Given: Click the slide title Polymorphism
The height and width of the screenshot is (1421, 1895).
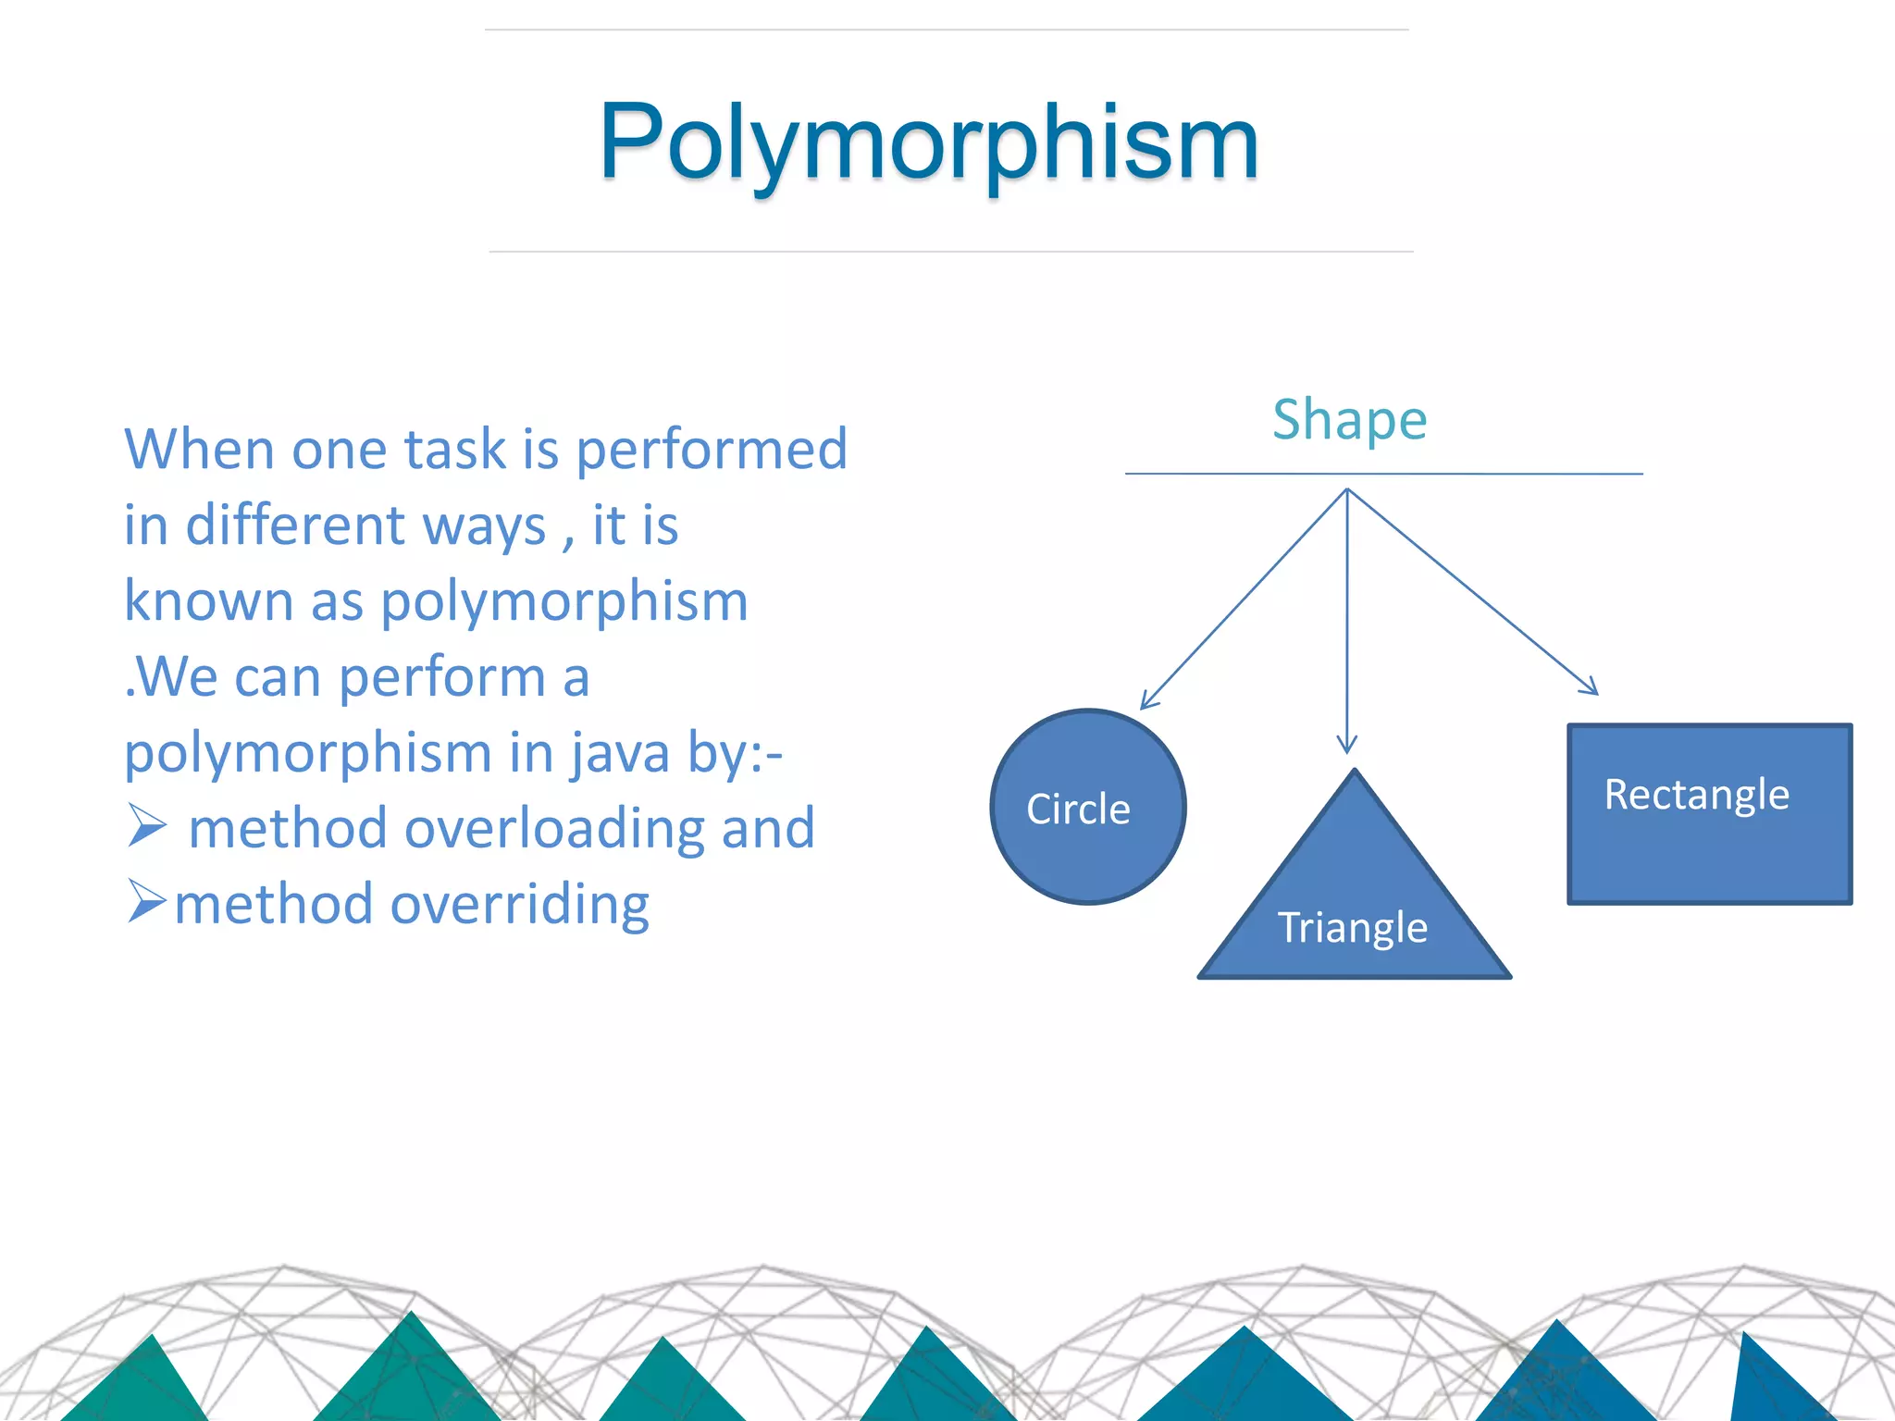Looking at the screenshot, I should [929, 143].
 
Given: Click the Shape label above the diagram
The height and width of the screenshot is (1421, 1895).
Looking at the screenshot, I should [1349, 421].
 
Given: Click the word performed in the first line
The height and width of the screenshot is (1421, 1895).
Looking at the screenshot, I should [711, 451].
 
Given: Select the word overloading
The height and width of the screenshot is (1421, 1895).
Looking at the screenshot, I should [554, 828].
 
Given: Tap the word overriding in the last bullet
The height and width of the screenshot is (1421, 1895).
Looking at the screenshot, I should [519, 904].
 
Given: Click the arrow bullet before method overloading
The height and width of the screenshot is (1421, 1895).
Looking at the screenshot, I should [146, 826].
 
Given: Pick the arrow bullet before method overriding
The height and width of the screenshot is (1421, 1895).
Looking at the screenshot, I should [146, 902].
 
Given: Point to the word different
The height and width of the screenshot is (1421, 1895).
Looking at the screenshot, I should [295, 525].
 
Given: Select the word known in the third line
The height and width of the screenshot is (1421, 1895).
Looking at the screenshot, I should [208, 601].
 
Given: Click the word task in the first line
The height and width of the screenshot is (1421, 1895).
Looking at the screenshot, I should [453, 451].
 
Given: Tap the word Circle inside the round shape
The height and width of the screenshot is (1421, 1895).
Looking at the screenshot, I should [1078, 809].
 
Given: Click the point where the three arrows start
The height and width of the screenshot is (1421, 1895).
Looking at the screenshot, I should [1347, 489].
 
